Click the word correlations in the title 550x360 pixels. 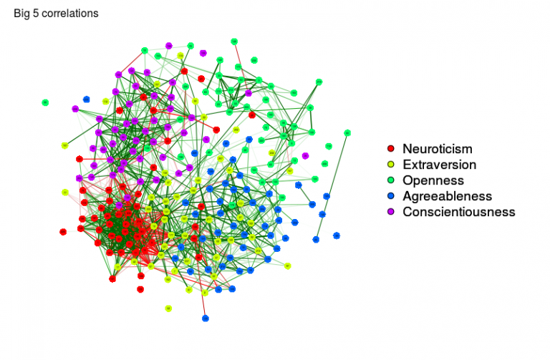click(x=69, y=14)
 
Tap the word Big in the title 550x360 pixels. click(x=21, y=14)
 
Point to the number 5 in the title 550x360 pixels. click(x=36, y=14)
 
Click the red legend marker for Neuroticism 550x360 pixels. click(x=390, y=149)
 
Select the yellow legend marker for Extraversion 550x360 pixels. click(x=390, y=165)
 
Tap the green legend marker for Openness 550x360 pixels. click(x=390, y=180)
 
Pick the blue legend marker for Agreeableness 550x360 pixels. click(x=390, y=196)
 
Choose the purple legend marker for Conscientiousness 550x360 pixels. click(x=390, y=212)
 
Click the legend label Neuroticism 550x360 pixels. click(x=437, y=149)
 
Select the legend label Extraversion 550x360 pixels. click(x=439, y=165)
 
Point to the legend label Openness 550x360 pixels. click(x=433, y=180)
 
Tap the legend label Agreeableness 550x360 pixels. click(x=447, y=196)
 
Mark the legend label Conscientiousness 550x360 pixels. click(x=458, y=212)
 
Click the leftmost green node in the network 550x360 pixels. click(x=45, y=102)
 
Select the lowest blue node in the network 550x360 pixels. click(x=205, y=318)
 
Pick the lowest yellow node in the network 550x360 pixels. click(x=168, y=308)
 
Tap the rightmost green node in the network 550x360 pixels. click(x=347, y=132)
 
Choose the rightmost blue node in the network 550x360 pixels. click(x=336, y=235)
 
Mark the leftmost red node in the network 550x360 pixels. click(x=63, y=232)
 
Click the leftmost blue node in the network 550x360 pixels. click(x=86, y=99)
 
